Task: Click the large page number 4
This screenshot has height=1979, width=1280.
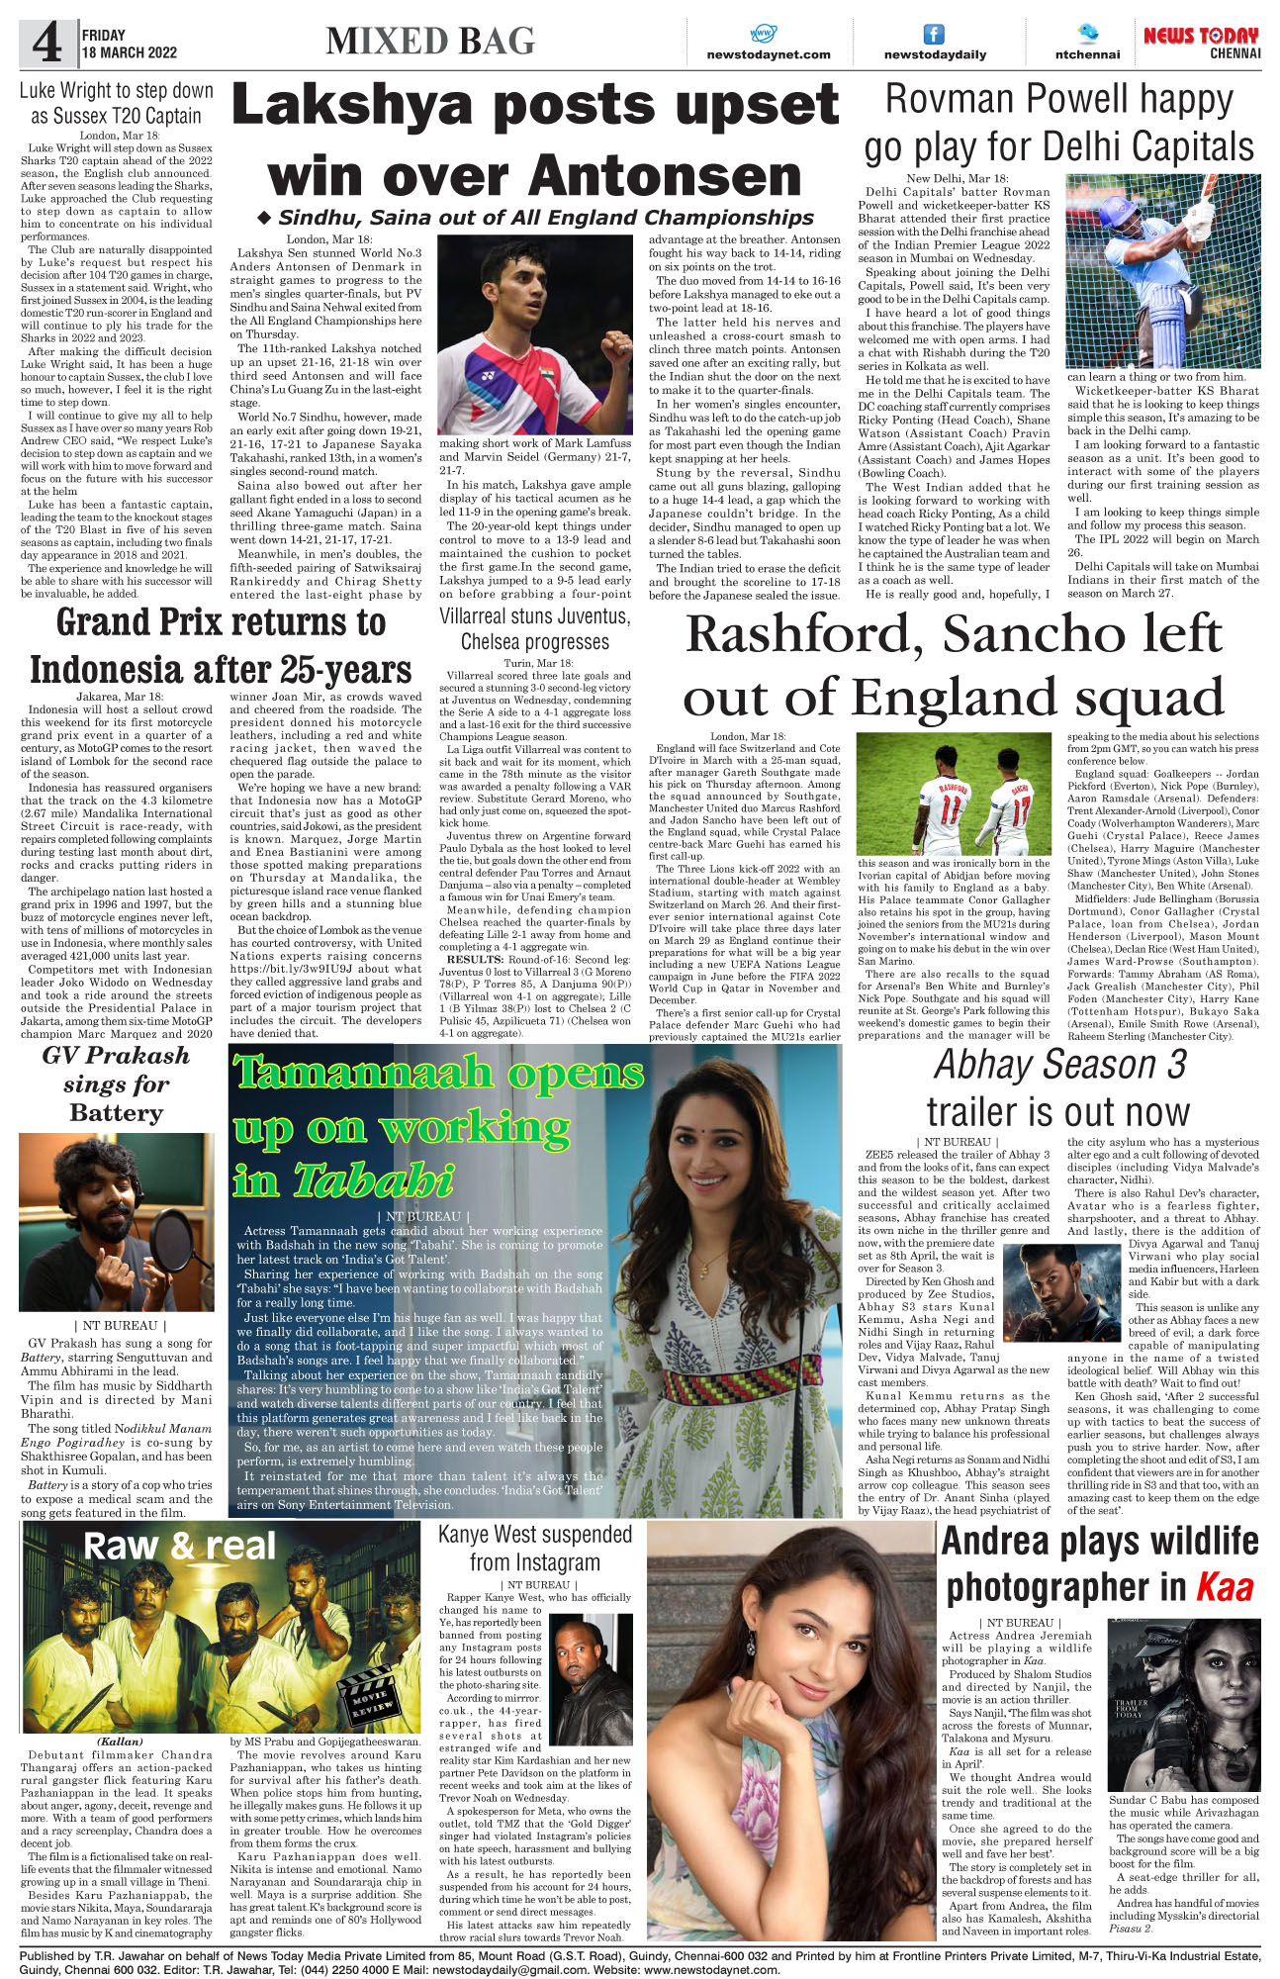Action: pyautogui.click(x=46, y=43)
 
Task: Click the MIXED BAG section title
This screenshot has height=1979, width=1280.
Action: pyautogui.click(x=430, y=41)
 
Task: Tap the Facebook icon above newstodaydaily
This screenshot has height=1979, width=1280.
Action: pyautogui.click(x=933, y=34)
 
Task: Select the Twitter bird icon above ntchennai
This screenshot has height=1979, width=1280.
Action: pyautogui.click(x=1087, y=33)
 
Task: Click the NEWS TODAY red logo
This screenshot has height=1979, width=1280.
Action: pyautogui.click(x=1201, y=36)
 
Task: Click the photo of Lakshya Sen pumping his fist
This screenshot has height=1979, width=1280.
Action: pyautogui.click(x=535, y=334)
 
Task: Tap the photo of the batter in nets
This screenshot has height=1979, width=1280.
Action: pyautogui.click(x=1162, y=270)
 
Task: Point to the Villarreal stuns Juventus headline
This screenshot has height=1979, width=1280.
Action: pyautogui.click(x=534, y=616)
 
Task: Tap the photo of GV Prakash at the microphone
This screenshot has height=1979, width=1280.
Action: pyautogui.click(x=116, y=1221)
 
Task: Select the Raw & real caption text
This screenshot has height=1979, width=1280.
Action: pyautogui.click(x=180, y=1546)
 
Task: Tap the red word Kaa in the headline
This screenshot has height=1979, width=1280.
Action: pyautogui.click(x=1225, y=1587)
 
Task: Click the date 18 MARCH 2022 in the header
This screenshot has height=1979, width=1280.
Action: pyautogui.click(x=130, y=52)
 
